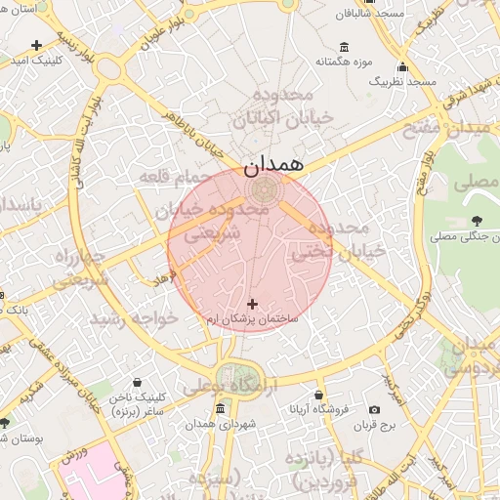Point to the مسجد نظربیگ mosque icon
(402, 67)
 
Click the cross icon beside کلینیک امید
(36, 45)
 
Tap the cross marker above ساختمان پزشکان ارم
(254, 305)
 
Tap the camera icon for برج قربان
(375, 410)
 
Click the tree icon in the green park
(476, 221)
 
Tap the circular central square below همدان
(262, 187)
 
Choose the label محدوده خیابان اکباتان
(283, 106)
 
